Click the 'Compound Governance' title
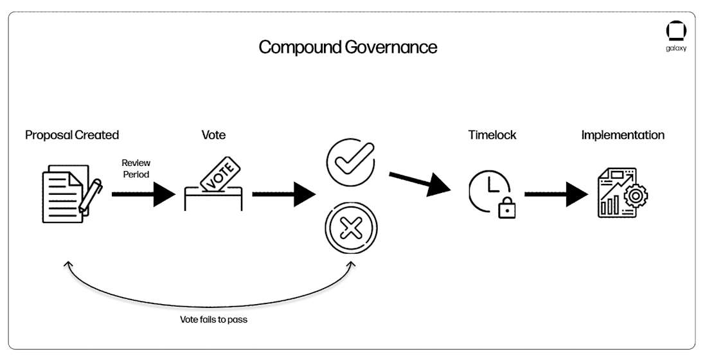[x=348, y=48]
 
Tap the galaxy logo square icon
[x=676, y=32]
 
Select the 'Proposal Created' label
[x=72, y=135]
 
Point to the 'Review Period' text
[x=136, y=168]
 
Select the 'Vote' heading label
[x=213, y=135]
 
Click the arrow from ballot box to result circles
[x=283, y=194]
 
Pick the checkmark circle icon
[x=351, y=162]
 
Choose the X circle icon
[x=351, y=228]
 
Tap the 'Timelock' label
[x=492, y=135]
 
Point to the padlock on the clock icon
[x=508, y=207]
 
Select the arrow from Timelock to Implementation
[x=557, y=194]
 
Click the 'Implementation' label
[x=623, y=135]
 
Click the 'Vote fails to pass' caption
[x=213, y=319]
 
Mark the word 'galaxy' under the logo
[x=676, y=48]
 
